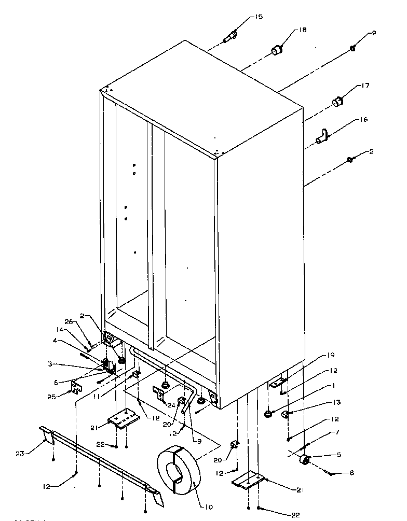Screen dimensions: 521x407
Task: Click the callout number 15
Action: [258, 17]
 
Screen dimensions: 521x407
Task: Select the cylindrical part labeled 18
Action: [277, 50]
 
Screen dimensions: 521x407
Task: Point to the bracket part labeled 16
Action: [322, 137]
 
